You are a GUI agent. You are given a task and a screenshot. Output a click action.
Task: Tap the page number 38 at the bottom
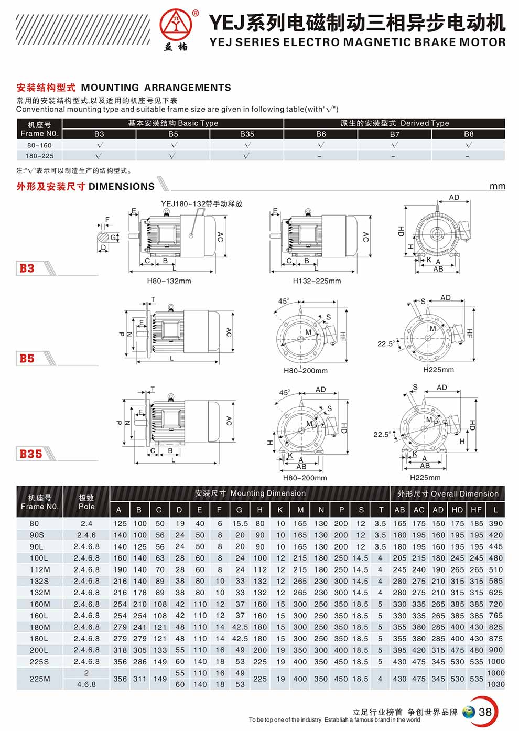click(485, 712)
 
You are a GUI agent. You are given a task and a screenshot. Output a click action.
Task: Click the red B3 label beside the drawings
click(27, 268)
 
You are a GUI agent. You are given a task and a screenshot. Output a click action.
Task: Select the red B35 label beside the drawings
click(31, 454)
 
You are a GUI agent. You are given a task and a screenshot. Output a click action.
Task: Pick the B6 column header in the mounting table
click(321, 134)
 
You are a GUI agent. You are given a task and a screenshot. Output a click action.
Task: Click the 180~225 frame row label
click(40, 156)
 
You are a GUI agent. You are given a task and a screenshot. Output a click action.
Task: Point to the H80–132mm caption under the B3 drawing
click(169, 281)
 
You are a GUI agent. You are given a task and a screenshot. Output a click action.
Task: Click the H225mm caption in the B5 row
click(438, 370)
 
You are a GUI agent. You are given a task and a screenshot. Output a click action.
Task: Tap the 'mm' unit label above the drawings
click(497, 186)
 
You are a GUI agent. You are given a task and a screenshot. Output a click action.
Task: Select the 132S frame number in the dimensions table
click(39, 581)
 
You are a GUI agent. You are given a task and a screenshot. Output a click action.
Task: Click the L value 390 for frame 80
click(495, 523)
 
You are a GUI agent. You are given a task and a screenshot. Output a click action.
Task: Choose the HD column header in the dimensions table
click(457, 510)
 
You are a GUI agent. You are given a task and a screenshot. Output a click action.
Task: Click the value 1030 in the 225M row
click(495, 684)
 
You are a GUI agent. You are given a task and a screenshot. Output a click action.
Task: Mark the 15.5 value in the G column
click(240, 523)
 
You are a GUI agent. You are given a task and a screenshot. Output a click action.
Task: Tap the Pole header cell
click(87, 502)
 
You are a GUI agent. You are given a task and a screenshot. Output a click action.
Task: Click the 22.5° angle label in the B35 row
click(382, 434)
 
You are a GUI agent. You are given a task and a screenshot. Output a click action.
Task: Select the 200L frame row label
click(39, 650)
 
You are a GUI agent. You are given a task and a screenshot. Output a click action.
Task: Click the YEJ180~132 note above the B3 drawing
click(201, 204)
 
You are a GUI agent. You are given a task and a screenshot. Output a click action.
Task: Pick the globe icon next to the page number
click(469, 712)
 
